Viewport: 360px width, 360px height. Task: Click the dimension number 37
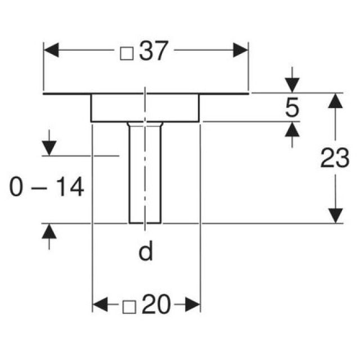[x=152, y=52]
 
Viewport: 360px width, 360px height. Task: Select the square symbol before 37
[x=127, y=53]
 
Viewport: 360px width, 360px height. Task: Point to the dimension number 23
[x=335, y=159]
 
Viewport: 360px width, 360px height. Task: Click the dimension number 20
[x=155, y=305]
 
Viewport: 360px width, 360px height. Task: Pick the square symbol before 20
[x=129, y=307]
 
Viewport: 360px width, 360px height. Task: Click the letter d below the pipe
[x=146, y=253]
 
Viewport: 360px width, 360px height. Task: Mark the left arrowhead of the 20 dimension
[x=99, y=305]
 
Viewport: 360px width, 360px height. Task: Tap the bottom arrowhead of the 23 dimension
[x=335, y=215]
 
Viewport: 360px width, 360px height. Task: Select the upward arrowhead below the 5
[x=291, y=129]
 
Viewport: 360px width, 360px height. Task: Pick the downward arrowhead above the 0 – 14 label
[x=50, y=148]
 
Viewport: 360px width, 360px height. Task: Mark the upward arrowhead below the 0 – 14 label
[x=50, y=231]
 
